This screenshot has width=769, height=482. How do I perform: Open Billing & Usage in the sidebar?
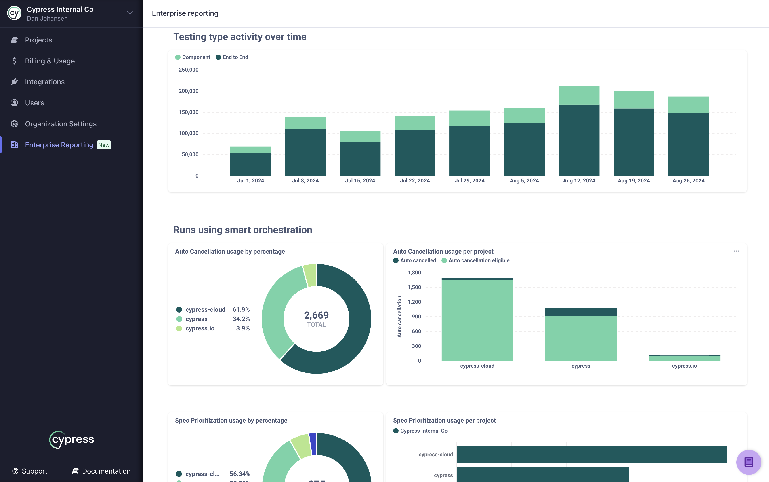coord(50,61)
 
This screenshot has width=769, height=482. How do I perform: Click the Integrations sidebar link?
coord(45,82)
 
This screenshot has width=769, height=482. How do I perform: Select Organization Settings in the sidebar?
coord(61,124)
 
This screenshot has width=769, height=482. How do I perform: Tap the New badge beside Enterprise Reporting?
coord(104,145)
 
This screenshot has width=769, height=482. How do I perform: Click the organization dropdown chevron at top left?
coord(130,13)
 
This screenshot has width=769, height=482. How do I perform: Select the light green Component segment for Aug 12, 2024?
coord(579,95)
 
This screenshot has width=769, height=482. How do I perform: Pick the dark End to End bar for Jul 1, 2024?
coord(250,164)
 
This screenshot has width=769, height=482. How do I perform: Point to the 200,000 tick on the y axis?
coord(188,91)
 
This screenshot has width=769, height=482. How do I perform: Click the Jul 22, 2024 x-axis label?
coord(415,181)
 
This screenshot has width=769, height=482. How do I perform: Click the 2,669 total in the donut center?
coord(316,315)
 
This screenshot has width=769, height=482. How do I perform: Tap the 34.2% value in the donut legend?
coord(241,319)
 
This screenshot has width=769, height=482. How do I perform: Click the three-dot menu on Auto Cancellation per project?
coord(736,251)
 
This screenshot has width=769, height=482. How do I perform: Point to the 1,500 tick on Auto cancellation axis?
coord(414,287)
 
